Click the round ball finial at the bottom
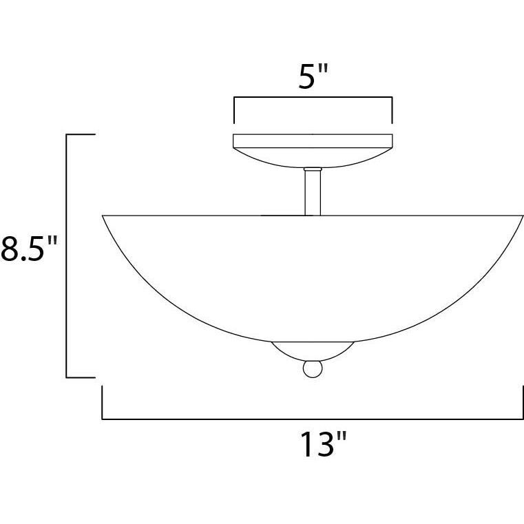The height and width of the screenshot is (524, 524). pos(313,369)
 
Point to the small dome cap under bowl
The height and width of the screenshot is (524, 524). pos(313,350)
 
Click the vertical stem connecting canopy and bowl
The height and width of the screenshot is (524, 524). pos(313,193)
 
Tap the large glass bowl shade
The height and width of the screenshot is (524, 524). pos(313,275)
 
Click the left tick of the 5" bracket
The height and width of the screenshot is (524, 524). pos(234,110)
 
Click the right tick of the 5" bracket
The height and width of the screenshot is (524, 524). pos(392,110)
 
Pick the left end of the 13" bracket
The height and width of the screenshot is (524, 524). pos(103,403)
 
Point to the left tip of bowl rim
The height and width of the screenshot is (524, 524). pos(103,216)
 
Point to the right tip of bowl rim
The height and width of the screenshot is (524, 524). pos(522,216)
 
